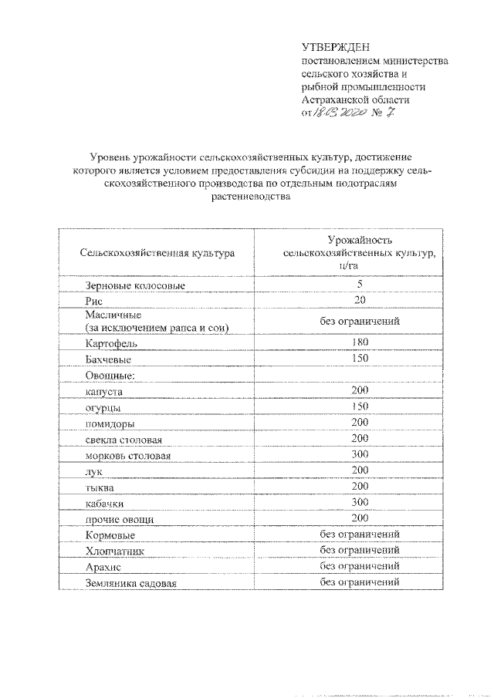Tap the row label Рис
point(94,303)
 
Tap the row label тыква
point(100,488)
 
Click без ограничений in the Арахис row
point(360,566)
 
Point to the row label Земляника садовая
point(132,584)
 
